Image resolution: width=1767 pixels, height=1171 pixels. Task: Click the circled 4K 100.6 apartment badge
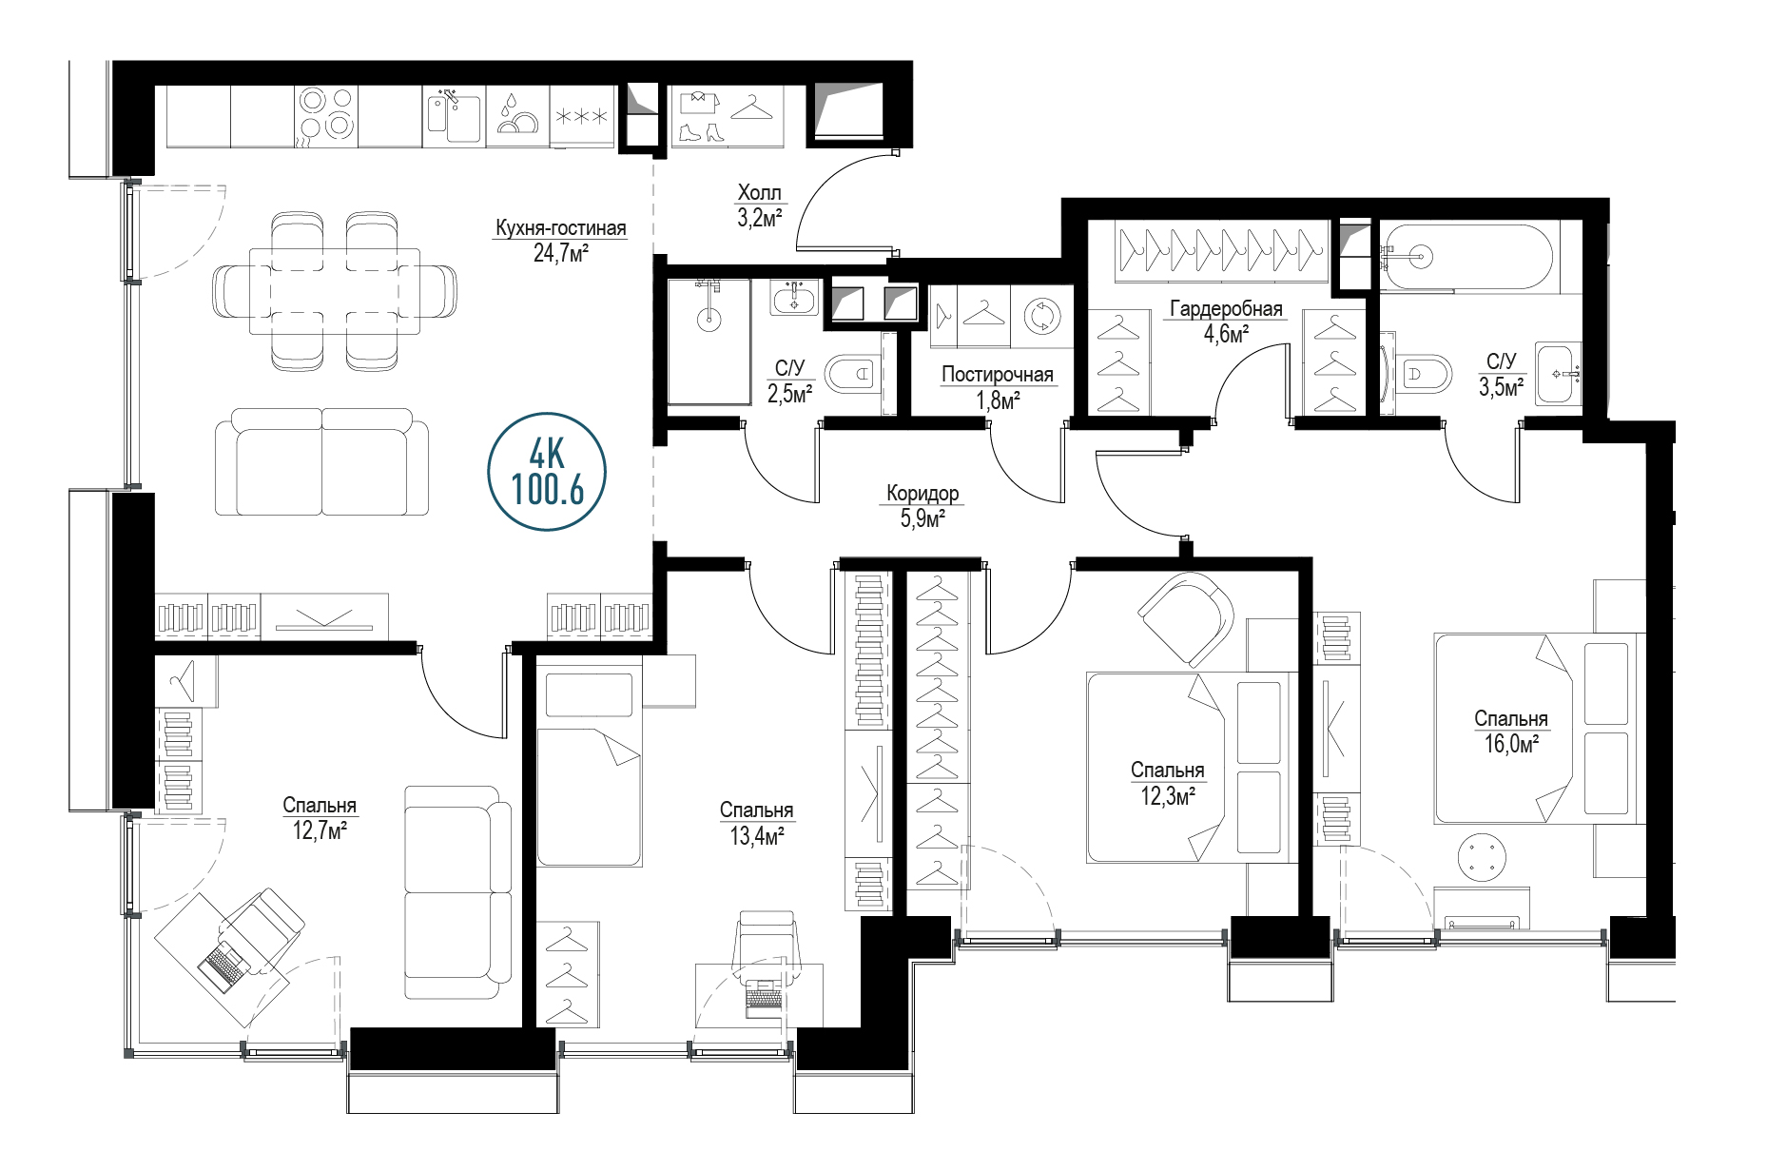[547, 472]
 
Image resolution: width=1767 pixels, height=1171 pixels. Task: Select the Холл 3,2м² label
[759, 205]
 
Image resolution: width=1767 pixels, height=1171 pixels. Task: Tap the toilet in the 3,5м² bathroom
[1425, 373]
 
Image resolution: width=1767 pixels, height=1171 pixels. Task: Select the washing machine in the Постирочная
[1041, 315]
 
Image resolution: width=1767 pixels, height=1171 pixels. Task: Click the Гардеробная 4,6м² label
[1226, 321]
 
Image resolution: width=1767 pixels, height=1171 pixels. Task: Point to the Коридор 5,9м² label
[922, 505]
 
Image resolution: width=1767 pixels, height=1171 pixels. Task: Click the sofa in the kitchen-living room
[321, 462]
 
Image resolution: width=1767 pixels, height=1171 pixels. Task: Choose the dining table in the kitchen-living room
[334, 291]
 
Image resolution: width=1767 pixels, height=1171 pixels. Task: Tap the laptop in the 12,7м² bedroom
[224, 966]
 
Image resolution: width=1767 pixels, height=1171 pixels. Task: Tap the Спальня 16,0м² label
[1511, 731]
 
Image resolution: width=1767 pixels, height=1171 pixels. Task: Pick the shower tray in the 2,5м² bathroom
[709, 342]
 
